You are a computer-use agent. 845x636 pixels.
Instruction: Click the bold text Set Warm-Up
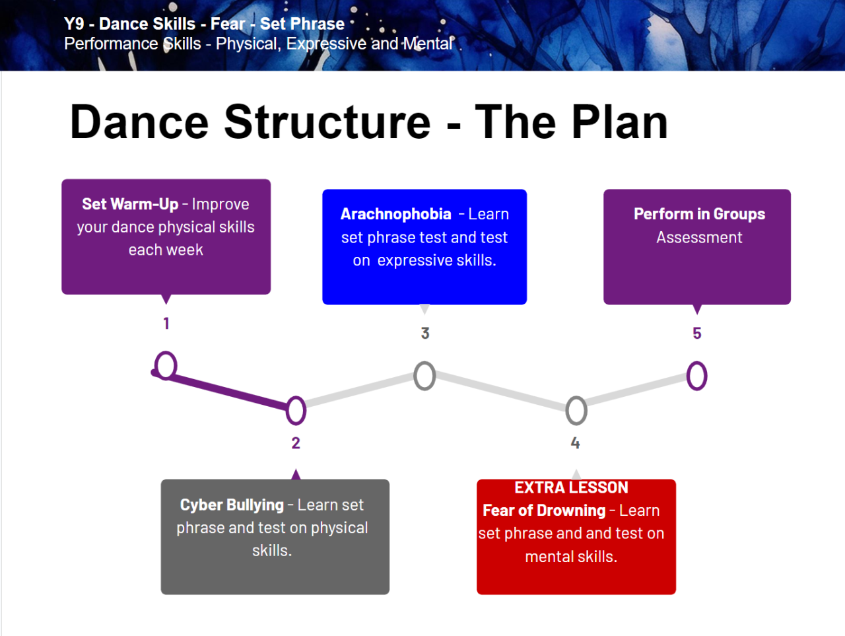tap(130, 204)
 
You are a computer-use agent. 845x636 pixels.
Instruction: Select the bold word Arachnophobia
tap(395, 214)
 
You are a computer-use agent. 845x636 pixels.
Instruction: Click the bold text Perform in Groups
tap(699, 214)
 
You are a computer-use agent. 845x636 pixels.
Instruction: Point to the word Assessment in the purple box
tap(699, 237)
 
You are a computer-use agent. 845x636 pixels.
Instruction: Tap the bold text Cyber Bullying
tap(232, 505)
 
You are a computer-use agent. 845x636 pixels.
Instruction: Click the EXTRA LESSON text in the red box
tap(571, 487)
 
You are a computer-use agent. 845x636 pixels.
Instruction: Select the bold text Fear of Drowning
tap(544, 511)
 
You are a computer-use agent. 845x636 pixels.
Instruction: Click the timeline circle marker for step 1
tap(166, 365)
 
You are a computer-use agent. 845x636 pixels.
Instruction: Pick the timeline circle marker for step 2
tap(296, 410)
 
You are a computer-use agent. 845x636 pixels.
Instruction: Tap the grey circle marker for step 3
tap(424, 376)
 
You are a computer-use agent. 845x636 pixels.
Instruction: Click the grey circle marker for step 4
tap(576, 411)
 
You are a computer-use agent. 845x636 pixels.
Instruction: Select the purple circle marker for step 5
tap(696, 376)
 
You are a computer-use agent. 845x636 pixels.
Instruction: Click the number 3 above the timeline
tap(425, 334)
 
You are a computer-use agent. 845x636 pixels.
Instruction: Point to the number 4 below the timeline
tap(576, 443)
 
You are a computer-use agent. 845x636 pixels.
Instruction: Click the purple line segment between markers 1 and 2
tap(228, 390)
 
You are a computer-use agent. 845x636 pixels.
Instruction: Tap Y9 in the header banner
tap(74, 24)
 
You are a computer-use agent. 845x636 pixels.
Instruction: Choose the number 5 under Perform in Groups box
tap(696, 334)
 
